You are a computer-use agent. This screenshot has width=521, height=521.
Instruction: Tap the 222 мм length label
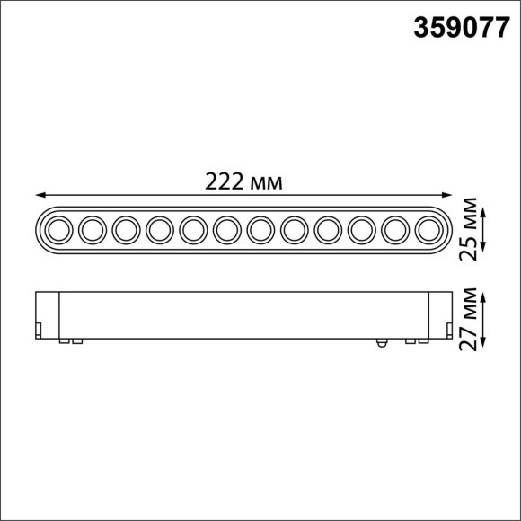(x=243, y=182)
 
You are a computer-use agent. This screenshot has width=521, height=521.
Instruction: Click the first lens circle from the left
(x=58, y=231)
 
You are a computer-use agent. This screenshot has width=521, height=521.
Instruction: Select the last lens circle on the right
(x=428, y=231)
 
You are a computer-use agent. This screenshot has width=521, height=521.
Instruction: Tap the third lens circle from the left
(x=126, y=231)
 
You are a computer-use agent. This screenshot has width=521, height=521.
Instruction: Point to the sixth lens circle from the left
(x=226, y=231)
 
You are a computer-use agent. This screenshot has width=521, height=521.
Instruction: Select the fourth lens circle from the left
(x=159, y=231)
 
